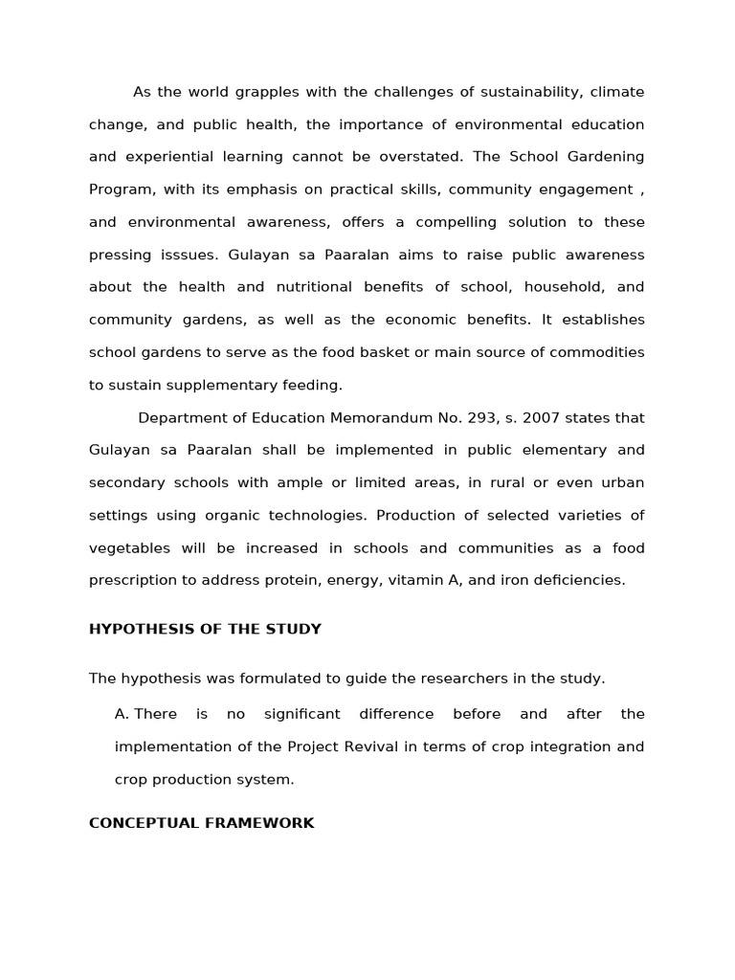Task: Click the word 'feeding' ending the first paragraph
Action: pyautogui.click(x=312, y=385)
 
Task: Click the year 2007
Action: pyautogui.click(x=528, y=418)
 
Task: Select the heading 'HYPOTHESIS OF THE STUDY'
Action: pyautogui.click(x=205, y=629)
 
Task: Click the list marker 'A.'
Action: pyautogui.click(x=122, y=714)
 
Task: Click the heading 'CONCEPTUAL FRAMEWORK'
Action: pyautogui.click(x=201, y=823)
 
